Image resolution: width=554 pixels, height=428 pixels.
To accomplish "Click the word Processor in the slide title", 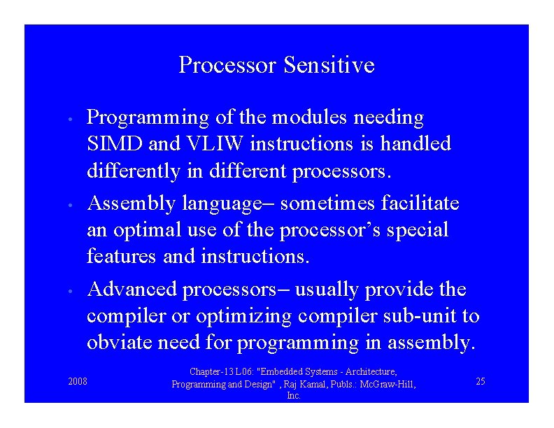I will [228, 65].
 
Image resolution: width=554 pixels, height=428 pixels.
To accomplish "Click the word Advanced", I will [133, 290].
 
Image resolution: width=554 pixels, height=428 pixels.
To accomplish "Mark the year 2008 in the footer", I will [78, 381].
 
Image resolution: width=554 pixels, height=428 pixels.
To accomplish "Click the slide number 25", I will [481, 381].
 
